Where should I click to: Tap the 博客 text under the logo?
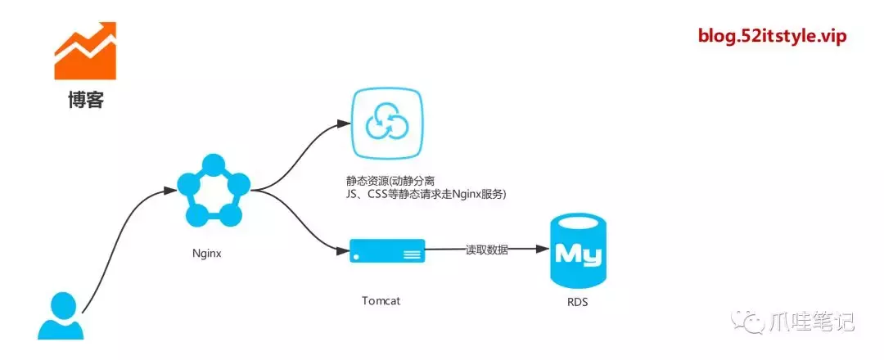[86, 101]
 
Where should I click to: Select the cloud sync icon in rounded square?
[386, 124]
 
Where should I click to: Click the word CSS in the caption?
[384, 194]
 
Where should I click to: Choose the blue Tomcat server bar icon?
[387, 251]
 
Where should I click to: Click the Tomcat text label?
[381, 300]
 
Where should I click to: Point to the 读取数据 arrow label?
[486, 250]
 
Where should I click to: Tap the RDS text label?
[576, 301]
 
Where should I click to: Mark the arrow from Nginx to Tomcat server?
[299, 221]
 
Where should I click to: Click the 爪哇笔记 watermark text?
[812, 322]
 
